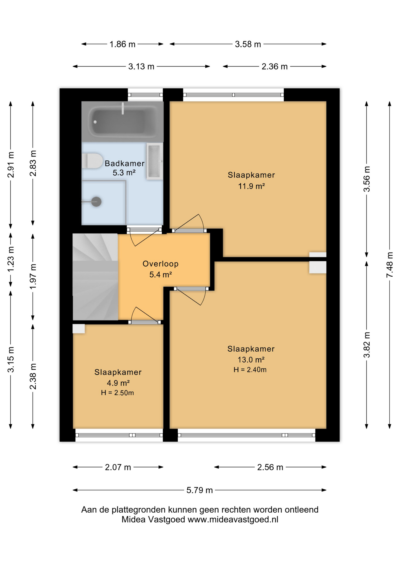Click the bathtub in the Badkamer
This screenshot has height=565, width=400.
122,122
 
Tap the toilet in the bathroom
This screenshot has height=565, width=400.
92,161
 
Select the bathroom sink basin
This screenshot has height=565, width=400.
155,161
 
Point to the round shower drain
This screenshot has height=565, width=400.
96,202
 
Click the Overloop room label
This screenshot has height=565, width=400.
161,264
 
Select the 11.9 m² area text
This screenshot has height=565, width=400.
251,186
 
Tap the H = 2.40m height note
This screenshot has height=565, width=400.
250,370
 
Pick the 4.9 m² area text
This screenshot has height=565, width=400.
118,383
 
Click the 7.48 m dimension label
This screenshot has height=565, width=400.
390,265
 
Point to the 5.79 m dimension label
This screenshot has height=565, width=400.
199,490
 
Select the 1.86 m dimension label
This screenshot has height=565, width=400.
122,44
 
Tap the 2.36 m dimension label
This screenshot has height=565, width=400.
275,67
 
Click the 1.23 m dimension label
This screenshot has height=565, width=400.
11,259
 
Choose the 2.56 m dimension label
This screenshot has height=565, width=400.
270,467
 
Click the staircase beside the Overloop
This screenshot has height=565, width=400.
95,277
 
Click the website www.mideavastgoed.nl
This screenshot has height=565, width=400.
233,520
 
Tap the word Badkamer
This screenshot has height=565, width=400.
125,163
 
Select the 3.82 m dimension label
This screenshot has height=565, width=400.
367,345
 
